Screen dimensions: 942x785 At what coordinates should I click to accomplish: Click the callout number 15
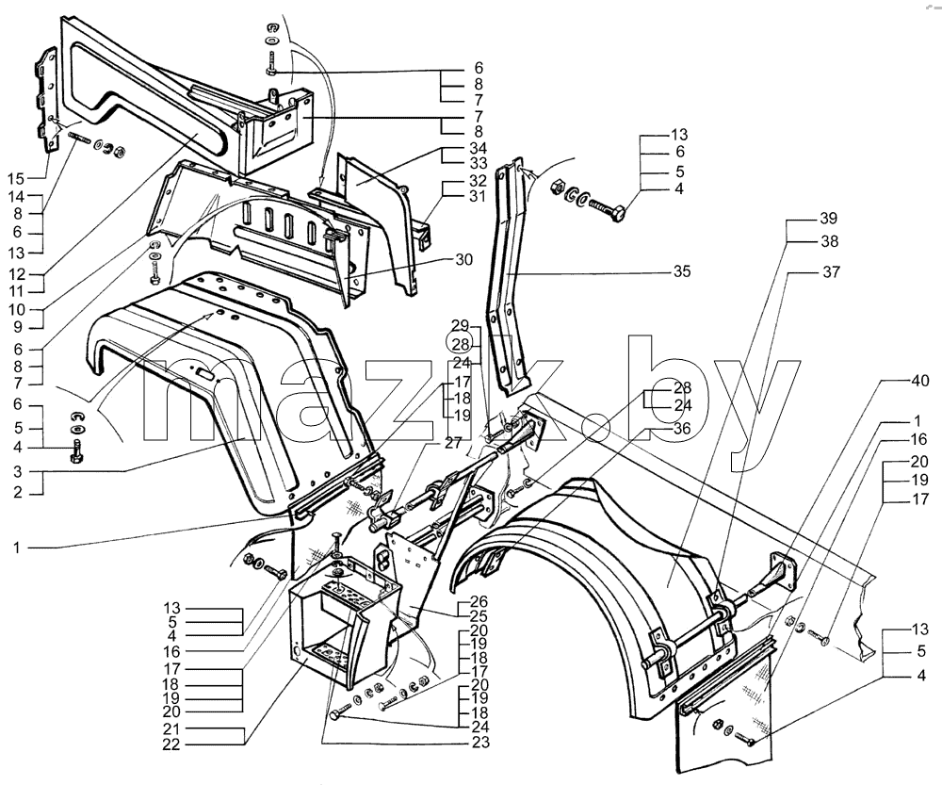(x=16, y=178)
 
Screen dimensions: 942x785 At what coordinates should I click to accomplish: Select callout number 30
(x=464, y=260)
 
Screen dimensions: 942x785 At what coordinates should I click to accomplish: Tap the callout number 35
(x=681, y=271)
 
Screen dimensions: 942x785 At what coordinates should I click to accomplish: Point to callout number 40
(x=919, y=381)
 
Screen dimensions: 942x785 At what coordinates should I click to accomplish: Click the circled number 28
(x=460, y=344)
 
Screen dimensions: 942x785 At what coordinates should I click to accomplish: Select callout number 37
(x=831, y=272)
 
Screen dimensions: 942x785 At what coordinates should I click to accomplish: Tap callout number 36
(x=682, y=429)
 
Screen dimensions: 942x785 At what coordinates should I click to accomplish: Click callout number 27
(x=453, y=443)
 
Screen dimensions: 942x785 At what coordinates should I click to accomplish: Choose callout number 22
(x=171, y=744)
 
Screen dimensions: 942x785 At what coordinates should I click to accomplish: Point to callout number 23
(x=480, y=743)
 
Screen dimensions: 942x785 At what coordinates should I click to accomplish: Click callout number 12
(x=16, y=274)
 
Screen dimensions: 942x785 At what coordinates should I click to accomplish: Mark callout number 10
(x=16, y=309)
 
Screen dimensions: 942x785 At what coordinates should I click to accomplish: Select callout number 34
(x=479, y=148)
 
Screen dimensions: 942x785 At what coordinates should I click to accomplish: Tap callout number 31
(x=478, y=196)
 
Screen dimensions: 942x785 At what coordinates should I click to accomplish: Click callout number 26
(x=479, y=601)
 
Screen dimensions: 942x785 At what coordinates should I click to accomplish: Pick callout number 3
(x=17, y=471)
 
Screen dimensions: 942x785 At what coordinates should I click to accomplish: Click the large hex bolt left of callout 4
(x=607, y=212)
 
